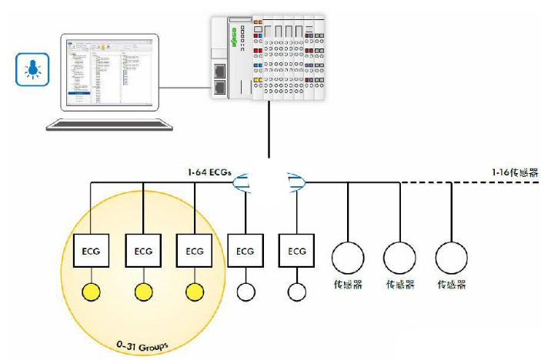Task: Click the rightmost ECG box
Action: [x=296, y=250]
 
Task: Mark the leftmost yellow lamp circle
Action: [x=92, y=292]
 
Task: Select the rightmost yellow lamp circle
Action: [x=195, y=292]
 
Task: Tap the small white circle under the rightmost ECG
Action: [x=296, y=292]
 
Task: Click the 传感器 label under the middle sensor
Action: [x=400, y=284]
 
